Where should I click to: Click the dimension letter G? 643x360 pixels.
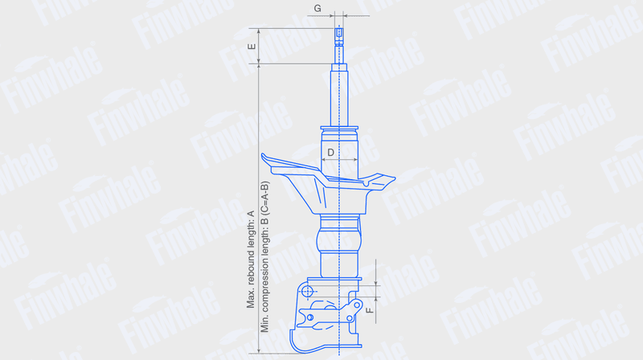point(317,8)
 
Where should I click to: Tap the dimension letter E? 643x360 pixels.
point(252,47)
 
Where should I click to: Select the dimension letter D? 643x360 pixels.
point(330,153)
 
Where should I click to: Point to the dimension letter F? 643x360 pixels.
point(369,310)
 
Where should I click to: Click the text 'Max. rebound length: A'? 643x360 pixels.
point(251,259)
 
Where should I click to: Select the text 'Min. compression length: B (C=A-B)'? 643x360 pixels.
point(264,256)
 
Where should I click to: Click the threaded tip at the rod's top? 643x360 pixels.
point(338,33)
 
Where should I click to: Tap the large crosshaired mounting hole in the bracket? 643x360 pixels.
point(307,292)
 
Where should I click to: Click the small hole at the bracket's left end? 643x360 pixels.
point(310,317)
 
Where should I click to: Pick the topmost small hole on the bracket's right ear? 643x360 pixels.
point(357,305)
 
